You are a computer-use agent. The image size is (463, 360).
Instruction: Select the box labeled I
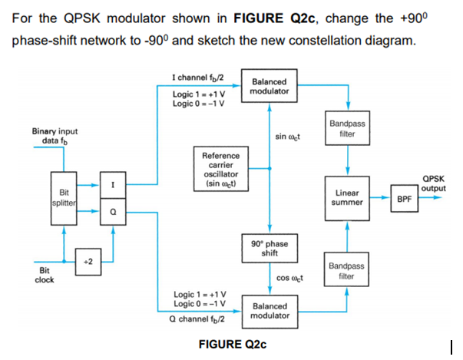click(113, 185)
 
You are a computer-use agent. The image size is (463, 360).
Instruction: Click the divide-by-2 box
click(87, 261)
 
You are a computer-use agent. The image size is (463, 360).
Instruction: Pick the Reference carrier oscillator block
click(220, 171)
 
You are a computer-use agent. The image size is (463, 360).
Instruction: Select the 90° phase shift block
click(269, 249)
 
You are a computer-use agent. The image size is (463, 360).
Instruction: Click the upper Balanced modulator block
click(269, 86)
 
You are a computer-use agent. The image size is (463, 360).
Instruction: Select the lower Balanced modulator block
click(269, 310)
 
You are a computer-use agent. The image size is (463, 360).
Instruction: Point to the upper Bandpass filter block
click(348, 128)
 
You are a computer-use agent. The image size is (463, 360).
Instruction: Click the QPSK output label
click(434, 183)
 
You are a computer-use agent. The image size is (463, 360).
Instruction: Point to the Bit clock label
click(45, 275)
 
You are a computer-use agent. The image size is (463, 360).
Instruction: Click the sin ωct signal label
click(287, 137)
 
